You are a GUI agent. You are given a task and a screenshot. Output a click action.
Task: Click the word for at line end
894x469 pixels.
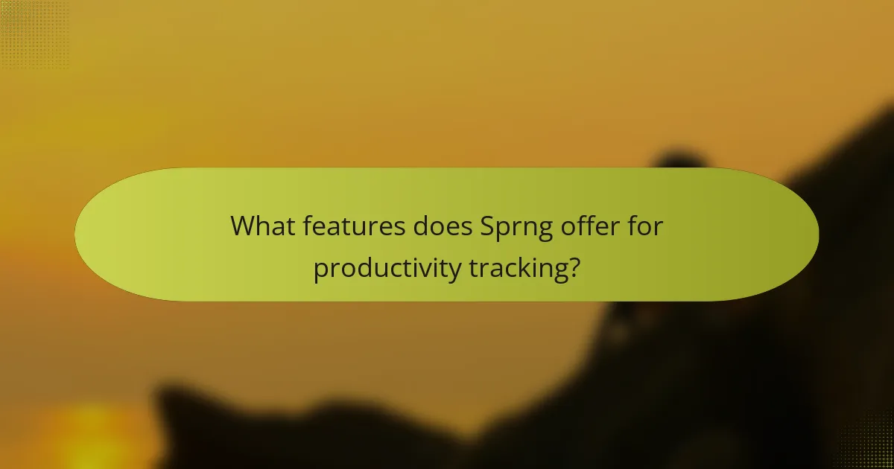645,226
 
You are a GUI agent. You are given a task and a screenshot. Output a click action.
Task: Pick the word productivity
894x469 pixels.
387,269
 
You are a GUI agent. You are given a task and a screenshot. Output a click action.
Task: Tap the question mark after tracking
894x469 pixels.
573,267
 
